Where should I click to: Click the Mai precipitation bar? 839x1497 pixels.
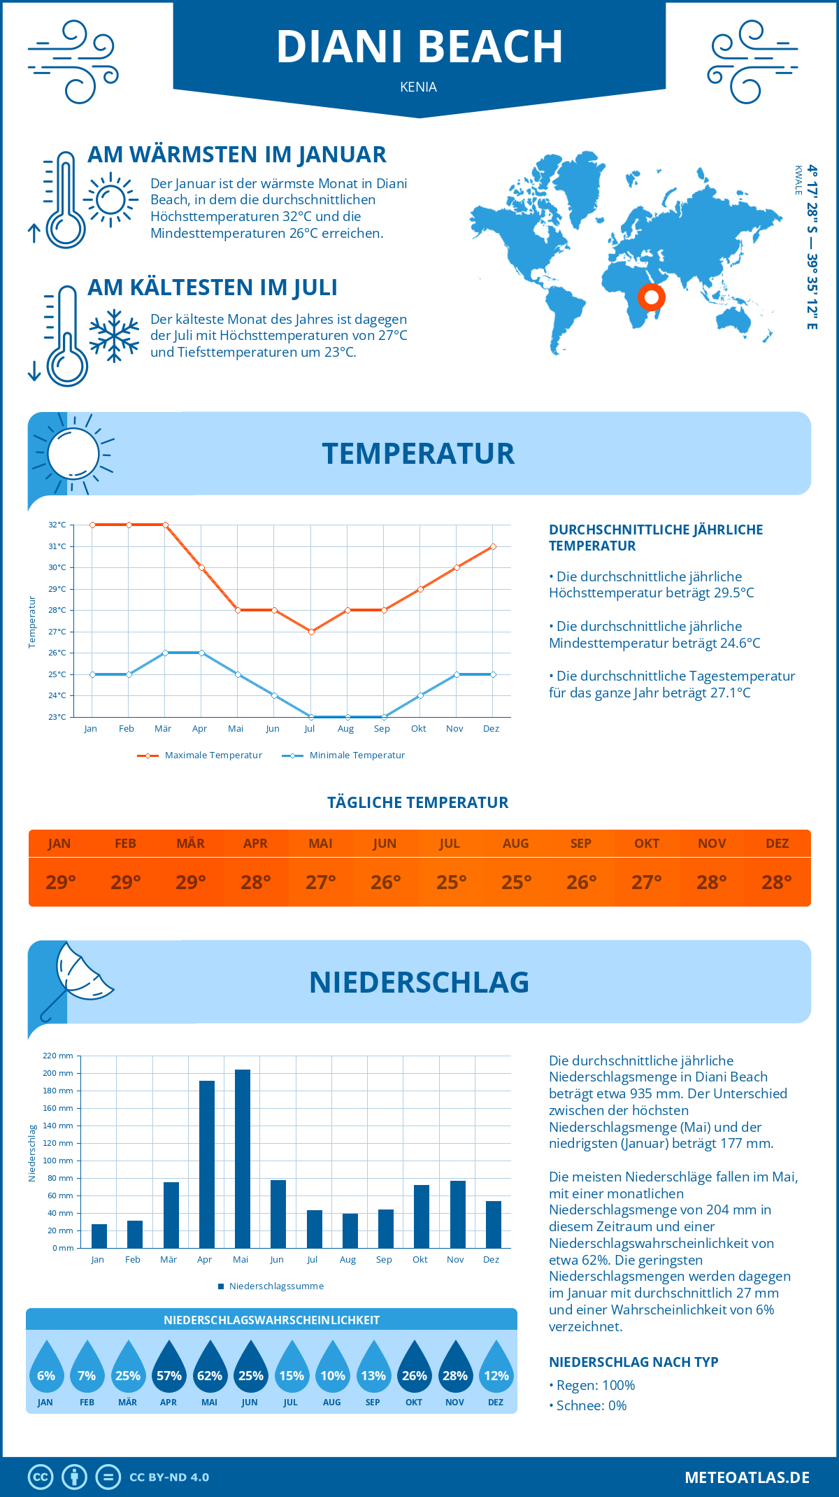[x=242, y=1158]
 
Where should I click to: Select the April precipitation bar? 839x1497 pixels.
[x=206, y=1164]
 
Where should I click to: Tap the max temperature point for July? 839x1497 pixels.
[x=311, y=632]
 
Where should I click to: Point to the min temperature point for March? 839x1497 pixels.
[x=165, y=653]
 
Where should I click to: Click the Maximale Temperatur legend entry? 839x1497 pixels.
[x=200, y=755]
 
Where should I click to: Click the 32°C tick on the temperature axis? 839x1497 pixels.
[x=57, y=525]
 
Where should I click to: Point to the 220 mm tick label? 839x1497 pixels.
[x=58, y=1056]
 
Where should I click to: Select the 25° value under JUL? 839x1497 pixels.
[x=451, y=882]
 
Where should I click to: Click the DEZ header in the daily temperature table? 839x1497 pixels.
[x=777, y=844]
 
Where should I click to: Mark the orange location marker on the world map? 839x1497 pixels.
[x=651, y=297]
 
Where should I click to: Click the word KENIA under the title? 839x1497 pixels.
[x=419, y=87]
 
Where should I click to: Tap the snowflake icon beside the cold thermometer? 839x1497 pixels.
[x=114, y=336]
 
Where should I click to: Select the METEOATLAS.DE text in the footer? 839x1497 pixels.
[x=747, y=1477]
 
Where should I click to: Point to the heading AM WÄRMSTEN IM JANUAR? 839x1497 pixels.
[x=236, y=155]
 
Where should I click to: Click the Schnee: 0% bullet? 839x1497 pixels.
[x=588, y=1405]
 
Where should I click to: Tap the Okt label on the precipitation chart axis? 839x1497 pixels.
[x=419, y=1260]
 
